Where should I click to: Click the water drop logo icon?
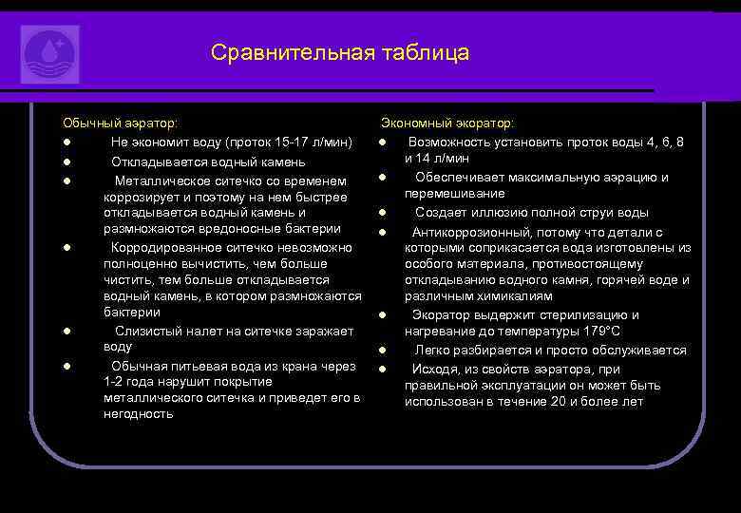49,54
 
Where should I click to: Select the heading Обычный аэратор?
120,123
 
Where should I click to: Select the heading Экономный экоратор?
447,123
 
